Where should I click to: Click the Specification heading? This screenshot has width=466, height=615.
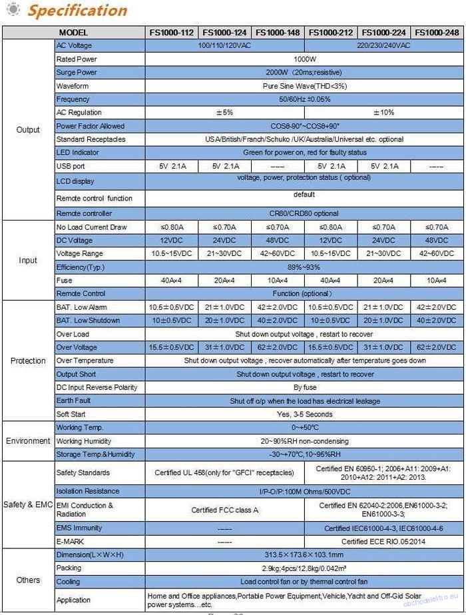(x=77, y=11)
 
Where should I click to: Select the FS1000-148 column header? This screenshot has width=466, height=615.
(x=278, y=32)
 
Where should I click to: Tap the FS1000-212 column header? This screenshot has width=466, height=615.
(x=331, y=32)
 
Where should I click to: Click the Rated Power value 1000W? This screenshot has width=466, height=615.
(x=304, y=59)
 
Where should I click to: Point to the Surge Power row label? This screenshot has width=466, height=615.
(x=77, y=73)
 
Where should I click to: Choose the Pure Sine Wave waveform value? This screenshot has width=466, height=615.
(x=304, y=86)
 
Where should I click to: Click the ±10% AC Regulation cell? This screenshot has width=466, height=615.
(x=384, y=113)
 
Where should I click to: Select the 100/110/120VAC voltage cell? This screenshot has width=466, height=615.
(x=224, y=45)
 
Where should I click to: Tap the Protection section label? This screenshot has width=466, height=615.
(x=28, y=360)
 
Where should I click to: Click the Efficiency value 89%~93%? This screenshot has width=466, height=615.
(x=304, y=267)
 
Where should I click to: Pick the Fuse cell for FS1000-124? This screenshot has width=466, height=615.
(x=224, y=281)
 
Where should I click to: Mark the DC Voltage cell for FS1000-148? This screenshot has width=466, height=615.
(x=278, y=241)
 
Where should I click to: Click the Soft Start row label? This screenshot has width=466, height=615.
(x=71, y=414)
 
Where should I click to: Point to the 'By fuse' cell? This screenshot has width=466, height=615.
(x=304, y=387)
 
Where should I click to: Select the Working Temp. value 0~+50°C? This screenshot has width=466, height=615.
(x=304, y=427)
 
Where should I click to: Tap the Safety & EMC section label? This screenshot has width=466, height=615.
(x=28, y=504)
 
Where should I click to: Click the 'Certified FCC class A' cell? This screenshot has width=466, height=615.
(x=224, y=510)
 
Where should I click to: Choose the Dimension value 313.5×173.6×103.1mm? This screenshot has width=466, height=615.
(x=304, y=555)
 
